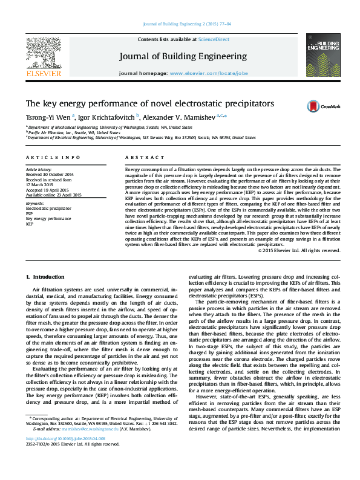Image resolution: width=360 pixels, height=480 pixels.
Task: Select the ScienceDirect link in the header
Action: tap(214, 39)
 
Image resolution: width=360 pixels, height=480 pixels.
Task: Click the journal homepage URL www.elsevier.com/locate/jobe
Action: tap(209, 73)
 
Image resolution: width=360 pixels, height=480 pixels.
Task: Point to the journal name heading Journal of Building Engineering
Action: tap(183, 56)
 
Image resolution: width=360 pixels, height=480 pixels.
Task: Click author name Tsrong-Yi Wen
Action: tap(48, 117)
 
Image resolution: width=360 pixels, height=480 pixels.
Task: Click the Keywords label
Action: tap(35, 204)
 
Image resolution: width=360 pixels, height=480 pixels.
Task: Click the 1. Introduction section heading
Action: tap(45, 277)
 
